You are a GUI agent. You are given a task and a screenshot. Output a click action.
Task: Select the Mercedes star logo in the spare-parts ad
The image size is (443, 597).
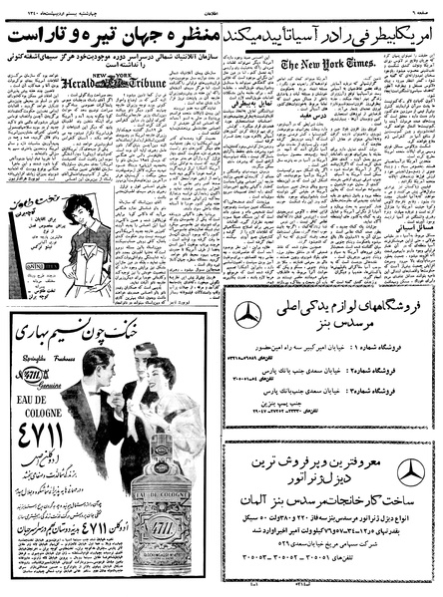point(247,314)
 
